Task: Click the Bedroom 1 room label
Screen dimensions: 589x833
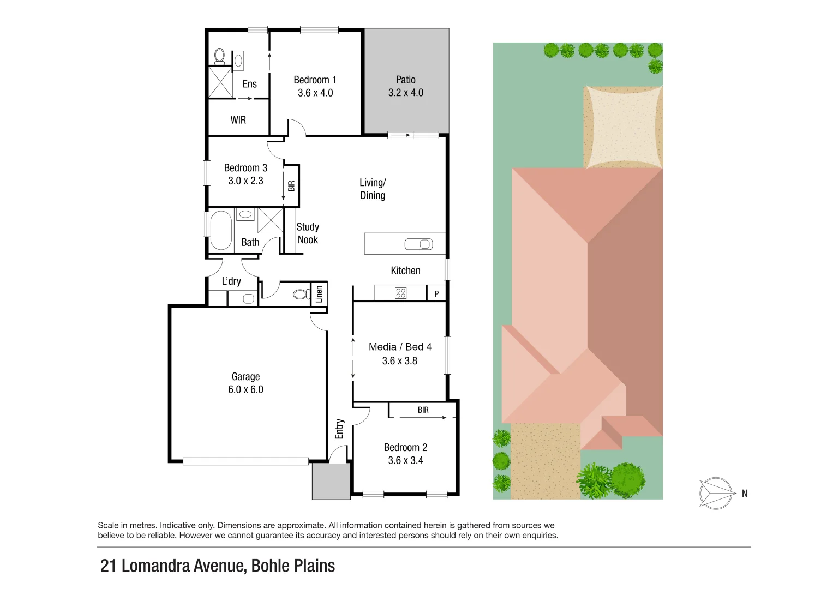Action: coord(315,80)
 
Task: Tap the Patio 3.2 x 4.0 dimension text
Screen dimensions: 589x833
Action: coord(405,93)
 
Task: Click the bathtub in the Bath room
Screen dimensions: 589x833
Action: coord(221,230)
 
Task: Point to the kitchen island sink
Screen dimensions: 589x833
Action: coord(418,244)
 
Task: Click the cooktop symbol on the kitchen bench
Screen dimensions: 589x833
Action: coord(400,293)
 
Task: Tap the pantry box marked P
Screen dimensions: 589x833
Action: coord(436,293)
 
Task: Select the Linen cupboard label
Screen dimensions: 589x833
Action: coord(319,294)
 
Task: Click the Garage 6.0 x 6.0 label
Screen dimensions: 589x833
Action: coord(245,383)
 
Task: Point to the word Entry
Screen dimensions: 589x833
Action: coord(339,429)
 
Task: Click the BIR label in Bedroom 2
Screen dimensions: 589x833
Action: coord(423,410)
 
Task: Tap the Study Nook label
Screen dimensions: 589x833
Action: coord(308,233)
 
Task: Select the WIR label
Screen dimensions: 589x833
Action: coord(238,120)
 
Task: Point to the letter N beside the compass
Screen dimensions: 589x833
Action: coord(745,494)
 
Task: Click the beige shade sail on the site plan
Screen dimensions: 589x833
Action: coord(622,127)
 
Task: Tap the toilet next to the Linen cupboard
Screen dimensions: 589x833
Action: coord(300,294)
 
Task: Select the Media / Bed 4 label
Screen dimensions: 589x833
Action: coord(400,347)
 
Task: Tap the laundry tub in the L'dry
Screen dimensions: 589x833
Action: coord(248,298)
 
